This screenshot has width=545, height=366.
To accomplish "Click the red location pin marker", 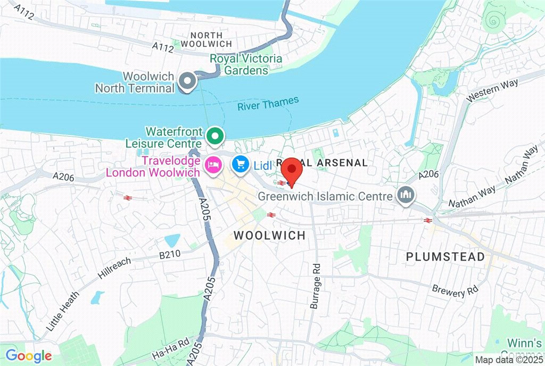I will coord(291,171).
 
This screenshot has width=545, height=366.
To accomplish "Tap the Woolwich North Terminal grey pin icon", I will coord(187,82).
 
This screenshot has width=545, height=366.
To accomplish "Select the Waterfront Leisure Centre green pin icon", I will coord(214,136).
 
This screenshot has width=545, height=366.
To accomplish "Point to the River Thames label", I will coord(268,103).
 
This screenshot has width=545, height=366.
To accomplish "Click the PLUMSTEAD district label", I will coord(445,256).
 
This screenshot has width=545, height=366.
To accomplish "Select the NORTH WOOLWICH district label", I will coord(207,39).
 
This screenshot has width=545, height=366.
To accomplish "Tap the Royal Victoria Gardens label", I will coord(246,64).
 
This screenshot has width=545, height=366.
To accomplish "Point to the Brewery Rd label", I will coord(455,290).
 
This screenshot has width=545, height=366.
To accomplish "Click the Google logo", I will coord(29,356).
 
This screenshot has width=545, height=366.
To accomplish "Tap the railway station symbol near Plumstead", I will coord(427,220).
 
